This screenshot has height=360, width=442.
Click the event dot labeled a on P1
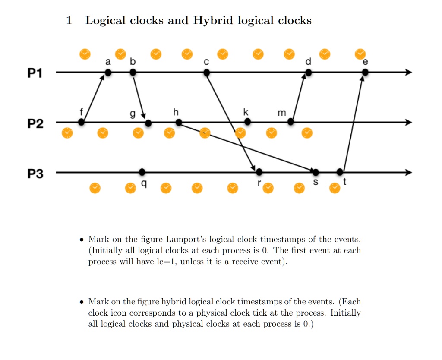pos(108,73)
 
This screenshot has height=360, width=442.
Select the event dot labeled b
pos(133,73)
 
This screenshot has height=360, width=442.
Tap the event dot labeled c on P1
pos(207,73)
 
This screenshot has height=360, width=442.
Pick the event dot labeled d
pos(308,73)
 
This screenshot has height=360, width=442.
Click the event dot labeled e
pos(365,73)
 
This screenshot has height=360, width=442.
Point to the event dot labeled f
pos(81,122)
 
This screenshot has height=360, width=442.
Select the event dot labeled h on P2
pos(179,122)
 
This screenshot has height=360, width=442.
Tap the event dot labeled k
pos(247,122)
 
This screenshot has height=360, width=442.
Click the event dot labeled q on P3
pos(142,172)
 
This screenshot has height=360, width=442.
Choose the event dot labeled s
pos(316,172)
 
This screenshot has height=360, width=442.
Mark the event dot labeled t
pos(340,172)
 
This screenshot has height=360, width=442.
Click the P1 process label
pos(35,73)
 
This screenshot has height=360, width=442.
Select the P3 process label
pos(35,174)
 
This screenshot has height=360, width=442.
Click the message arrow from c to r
pos(231,122)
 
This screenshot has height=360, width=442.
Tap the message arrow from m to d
pos(299,97)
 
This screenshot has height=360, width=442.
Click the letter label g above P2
pos(133,114)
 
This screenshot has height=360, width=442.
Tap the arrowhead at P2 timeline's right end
pos(409,122)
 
